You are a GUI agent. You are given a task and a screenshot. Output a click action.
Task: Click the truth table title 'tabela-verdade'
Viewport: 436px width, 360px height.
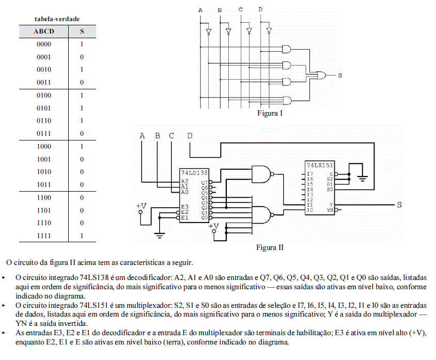pos(57,19)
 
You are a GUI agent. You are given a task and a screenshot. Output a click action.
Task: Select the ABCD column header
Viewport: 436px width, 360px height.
pos(44,31)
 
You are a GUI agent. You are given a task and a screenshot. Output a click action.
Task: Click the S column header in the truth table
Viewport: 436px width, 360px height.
pos(82,31)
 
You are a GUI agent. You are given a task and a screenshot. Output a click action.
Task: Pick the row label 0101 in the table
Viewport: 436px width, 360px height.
pos(44,108)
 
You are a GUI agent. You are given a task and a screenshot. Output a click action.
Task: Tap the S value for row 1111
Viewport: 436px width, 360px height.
pos(82,236)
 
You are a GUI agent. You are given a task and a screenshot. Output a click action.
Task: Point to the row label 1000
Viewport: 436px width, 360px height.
pos(44,147)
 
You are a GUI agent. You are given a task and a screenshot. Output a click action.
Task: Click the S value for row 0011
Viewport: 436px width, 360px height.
pos(82,82)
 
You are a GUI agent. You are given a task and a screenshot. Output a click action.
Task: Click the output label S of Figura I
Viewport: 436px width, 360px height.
pos(340,75)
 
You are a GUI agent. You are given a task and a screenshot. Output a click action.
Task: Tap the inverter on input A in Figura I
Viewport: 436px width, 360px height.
pos(209,32)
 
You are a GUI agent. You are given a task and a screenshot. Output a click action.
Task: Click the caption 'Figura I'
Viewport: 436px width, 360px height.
pos(270,113)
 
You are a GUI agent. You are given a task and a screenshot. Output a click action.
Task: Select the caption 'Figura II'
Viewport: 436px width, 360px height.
pos(270,247)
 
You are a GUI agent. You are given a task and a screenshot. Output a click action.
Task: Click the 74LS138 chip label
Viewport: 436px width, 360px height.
pos(194,173)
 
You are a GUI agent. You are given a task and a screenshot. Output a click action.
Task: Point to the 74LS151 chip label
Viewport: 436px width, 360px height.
pos(320,165)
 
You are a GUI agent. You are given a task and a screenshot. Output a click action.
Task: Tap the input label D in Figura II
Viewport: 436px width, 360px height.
pos(190,136)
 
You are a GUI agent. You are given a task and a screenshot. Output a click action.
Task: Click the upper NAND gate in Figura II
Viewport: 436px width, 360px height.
pos(261,174)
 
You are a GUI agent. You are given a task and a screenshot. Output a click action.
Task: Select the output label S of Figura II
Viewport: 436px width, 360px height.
pos(399,205)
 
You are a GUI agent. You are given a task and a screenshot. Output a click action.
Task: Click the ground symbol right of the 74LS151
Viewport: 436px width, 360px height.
pos(362,178)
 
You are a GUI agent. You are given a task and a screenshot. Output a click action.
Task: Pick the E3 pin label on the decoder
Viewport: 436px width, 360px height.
pos(184,207)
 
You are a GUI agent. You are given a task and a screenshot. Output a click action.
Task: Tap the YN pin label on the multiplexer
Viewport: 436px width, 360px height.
pos(330,210)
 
